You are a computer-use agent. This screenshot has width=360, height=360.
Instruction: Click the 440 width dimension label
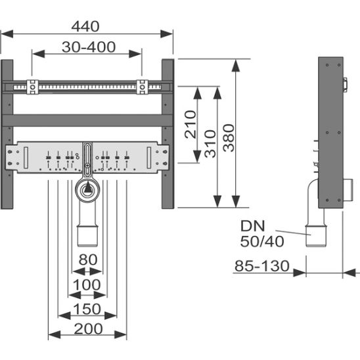85,26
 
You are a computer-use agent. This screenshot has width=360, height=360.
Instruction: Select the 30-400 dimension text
89,47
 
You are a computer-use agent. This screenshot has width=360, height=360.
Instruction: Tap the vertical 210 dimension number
191,124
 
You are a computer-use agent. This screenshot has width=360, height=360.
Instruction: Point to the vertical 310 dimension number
210,144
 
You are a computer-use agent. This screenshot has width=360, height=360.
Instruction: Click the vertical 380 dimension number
229,138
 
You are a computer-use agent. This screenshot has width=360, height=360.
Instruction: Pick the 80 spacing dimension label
88,259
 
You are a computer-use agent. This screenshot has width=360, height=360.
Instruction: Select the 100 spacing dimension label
87,284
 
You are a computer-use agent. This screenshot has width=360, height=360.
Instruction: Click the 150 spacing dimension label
87,309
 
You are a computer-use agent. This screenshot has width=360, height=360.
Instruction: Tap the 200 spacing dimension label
88,328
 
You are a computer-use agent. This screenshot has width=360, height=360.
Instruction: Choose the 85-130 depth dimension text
262,266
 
